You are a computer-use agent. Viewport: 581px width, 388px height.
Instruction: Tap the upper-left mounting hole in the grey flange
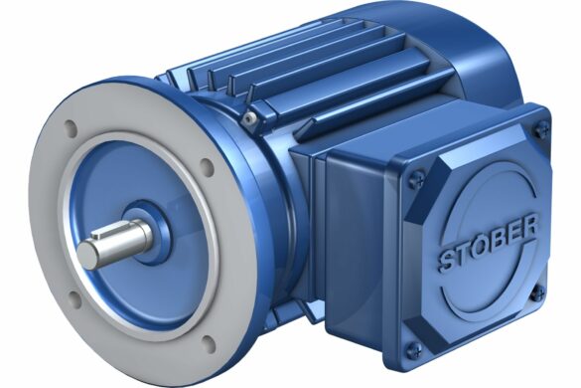(71, 128)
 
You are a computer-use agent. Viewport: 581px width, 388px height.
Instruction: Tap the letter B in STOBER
(499, 239)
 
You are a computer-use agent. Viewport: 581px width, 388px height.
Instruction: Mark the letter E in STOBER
(515, 231)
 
